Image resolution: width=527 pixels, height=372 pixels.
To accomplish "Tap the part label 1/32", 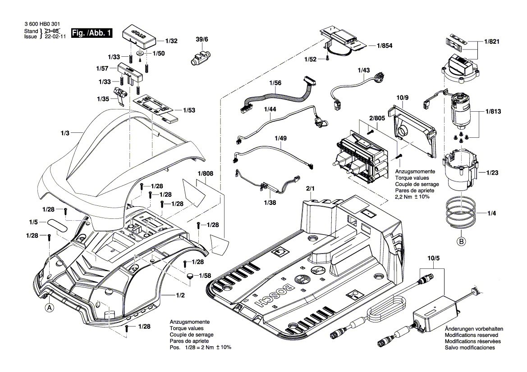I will tap(171, 41).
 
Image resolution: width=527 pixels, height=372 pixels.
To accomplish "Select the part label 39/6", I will tap(202, 40).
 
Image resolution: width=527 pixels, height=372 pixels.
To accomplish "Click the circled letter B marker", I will tap(461, 241).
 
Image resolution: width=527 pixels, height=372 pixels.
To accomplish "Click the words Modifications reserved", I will tap(471, 335).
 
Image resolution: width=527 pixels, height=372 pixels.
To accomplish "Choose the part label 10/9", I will tap(403, 97).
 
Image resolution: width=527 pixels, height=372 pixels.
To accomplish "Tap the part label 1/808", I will tap(205, 172).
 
